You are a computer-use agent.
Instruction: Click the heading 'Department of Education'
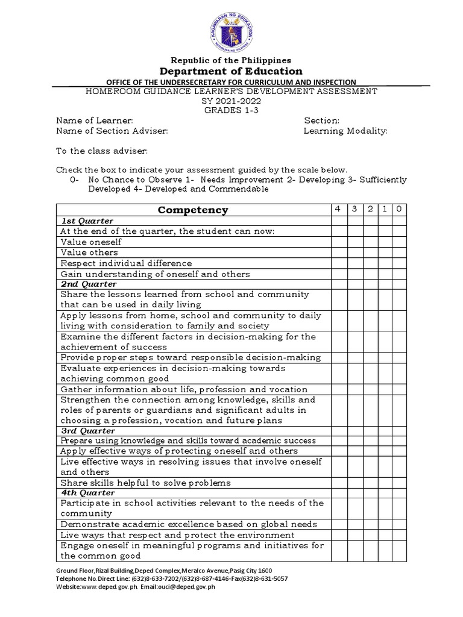pos(231,71)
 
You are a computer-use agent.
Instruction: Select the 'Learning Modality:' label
pos(345,131)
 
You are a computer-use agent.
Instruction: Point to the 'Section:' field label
pos(321,121)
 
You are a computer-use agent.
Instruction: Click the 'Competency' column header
pos(193,210)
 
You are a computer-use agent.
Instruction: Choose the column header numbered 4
pos(338,208)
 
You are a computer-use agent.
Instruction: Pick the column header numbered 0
pos(399,208)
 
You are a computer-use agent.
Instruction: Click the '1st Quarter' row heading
pos(87,221)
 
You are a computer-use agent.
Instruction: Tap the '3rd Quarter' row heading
pos(88,431)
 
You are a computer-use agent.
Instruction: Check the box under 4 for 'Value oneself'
pos(338,242)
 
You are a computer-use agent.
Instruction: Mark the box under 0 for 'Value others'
pos(399,252)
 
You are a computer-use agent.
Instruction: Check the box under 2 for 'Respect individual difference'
pos(370,263)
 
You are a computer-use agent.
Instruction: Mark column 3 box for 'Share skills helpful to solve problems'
pos(354,483)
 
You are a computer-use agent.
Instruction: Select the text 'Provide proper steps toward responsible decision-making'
pos(191,357)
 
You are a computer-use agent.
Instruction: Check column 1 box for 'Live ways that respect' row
pos(385,535)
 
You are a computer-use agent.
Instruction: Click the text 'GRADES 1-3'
pos(231,110)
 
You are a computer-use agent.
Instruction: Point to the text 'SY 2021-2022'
pos(231,101)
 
